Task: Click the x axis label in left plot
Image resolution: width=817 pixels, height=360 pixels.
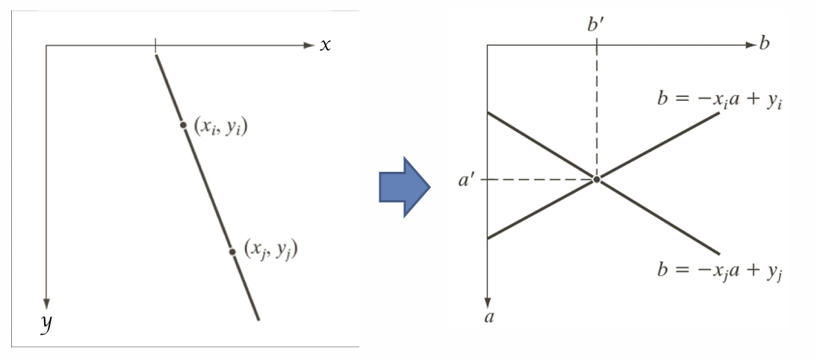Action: [325, 45]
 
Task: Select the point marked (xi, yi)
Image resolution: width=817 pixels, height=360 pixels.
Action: [183, 125]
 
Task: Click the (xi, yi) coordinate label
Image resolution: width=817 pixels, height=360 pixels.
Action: [220, 126]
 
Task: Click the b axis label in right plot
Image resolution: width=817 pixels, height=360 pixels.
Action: [764, 43]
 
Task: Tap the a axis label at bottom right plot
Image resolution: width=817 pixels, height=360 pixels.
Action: [489, 317]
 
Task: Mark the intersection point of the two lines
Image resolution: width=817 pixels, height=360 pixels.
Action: [596, 179]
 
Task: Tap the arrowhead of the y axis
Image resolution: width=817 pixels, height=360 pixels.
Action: [46, 303]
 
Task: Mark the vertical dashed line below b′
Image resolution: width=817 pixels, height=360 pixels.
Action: [597, 112]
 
